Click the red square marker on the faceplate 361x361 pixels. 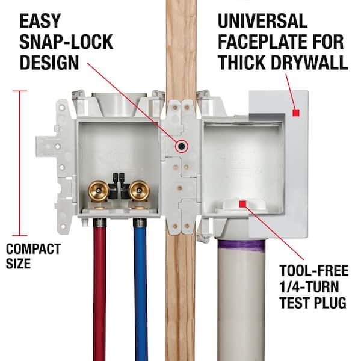(295, 113)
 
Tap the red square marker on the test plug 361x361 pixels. (244, 205)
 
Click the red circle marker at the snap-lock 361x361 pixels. (180, 146)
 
